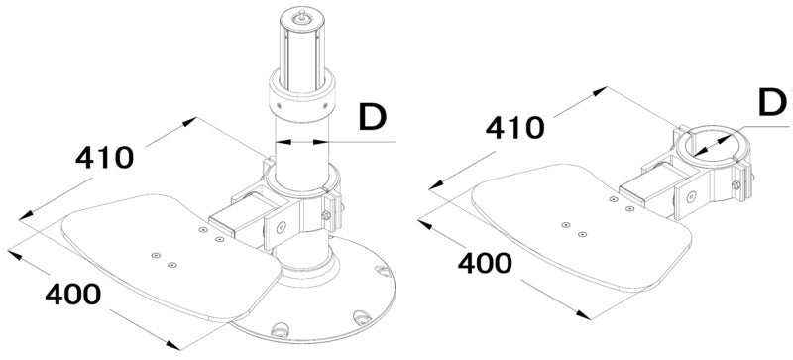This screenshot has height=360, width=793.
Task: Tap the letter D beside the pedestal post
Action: pyautogui.click(x=372, y=117)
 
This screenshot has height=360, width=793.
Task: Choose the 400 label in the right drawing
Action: pyautogui.click(x=483, y=263)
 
